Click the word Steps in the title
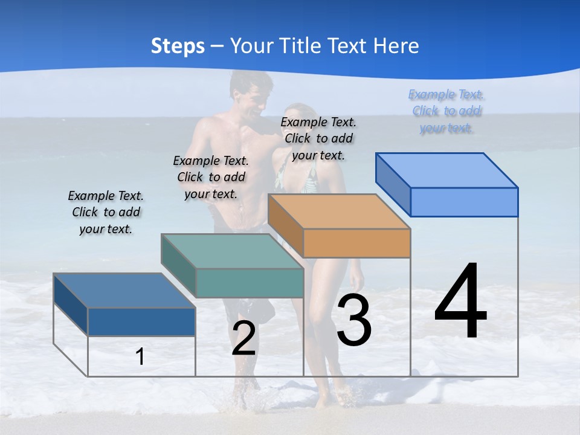pos(178,46)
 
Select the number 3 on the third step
pos(354,320)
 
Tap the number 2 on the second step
pos(243,339)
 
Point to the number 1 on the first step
pos(140,357)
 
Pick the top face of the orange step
pos(339,211)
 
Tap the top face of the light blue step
pos(446,170)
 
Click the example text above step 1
pos(106,212)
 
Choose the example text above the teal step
pos(211,177)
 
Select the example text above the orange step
pos(318,138)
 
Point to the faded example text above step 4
pos(446,111)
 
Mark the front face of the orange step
pos(356,243)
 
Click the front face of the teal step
pos(250,283)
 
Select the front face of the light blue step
pos(464,202)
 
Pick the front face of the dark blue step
pos(141,321)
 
